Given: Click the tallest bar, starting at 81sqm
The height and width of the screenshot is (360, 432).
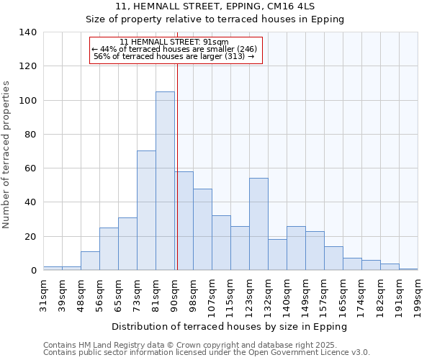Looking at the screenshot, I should [x=165, y=181].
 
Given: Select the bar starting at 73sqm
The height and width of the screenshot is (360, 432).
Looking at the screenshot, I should [x=146, y=210].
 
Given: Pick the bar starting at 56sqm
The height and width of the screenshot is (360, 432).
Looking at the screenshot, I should [x=109, y=248].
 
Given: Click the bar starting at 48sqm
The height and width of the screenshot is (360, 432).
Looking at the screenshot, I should [x=90, y=261].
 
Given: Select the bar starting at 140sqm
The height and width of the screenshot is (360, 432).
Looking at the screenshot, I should [x=296, y=248].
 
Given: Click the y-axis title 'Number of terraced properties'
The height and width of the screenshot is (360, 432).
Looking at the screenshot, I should [x=6, y=155].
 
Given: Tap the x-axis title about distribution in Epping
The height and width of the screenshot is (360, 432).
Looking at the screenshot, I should [x=230, y=326].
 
